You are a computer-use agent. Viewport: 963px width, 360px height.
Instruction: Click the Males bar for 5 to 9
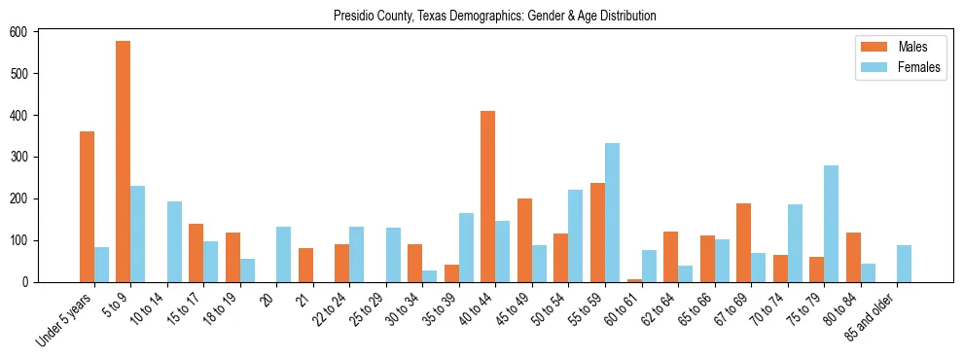[124, 162]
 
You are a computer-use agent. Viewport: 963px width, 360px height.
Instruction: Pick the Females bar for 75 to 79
[831, 224]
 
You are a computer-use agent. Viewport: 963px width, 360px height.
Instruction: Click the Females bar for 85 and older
[904, 264]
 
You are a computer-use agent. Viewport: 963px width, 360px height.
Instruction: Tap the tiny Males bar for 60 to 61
[634, 280]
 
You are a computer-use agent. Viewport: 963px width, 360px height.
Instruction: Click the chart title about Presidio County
[494, 16]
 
